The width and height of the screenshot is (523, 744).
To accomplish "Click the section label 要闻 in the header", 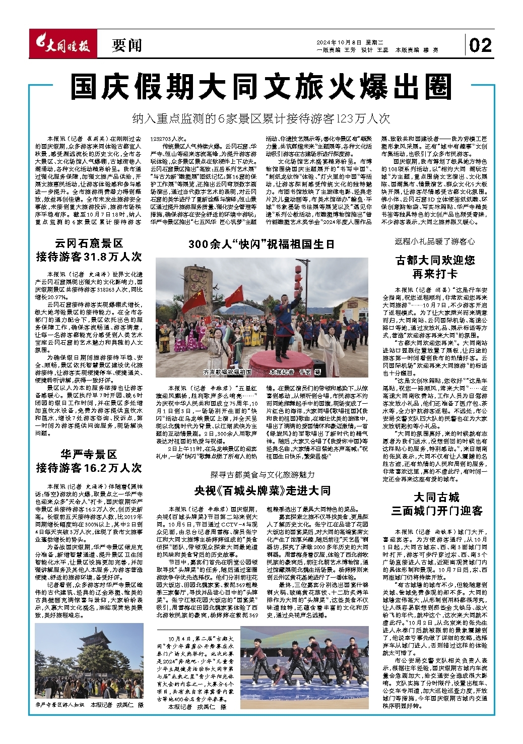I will [126, 46].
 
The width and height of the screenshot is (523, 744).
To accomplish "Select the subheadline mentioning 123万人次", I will [261, 119].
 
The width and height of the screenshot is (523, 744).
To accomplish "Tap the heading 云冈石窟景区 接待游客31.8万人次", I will [89, 251].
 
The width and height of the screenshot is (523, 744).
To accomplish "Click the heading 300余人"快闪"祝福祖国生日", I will [261, 244].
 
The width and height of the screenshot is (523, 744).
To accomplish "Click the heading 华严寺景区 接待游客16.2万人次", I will [89, 460].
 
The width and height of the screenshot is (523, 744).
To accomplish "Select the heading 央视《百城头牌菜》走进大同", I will [263, 490].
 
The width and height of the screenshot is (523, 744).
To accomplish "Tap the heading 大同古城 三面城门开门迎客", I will [436, 504].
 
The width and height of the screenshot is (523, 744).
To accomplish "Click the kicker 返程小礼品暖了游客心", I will [435, 241].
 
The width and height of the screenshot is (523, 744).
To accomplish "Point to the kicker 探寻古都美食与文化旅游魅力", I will [262, 475].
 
